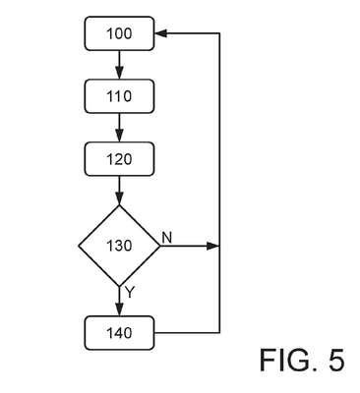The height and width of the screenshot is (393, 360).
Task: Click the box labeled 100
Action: point(119,33)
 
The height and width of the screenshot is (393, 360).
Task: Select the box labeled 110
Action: point(119,96)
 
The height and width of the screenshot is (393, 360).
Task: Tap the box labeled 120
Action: point(119,159)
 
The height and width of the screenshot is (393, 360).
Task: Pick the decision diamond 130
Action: point(119,246)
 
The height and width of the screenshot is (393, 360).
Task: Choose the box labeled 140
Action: point(119,333)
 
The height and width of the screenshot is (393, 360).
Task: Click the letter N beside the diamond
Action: point(167,238)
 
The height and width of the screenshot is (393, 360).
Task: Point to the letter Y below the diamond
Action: point(130,292)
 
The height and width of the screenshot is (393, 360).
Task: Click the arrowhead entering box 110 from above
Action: point(119,73)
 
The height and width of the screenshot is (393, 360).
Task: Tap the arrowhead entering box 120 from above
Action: point(119,136)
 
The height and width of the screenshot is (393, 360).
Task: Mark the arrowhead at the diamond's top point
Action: point(119,198)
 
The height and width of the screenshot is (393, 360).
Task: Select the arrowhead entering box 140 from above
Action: point(119,309)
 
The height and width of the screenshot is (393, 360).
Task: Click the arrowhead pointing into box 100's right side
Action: point(160,33)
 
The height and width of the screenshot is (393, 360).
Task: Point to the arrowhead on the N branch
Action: point(212,246)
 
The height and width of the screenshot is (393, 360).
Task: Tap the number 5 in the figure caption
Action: point(336,360)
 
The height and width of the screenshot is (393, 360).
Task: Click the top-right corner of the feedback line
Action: point(219,33)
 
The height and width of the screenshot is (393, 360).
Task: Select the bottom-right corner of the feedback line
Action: point(219,333)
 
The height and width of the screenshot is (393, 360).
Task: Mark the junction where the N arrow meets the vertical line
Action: point(219,246)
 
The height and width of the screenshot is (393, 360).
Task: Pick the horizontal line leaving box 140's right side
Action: point(187,333)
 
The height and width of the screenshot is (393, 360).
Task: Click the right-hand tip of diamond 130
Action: point(160,246)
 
